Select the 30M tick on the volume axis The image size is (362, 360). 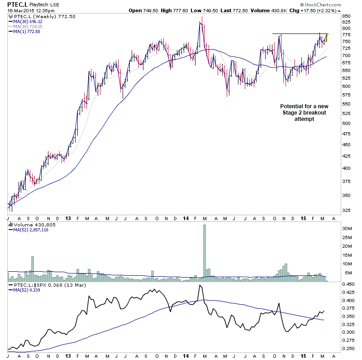347,229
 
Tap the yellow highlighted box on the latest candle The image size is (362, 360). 327,38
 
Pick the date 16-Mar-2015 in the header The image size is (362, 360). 19,10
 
